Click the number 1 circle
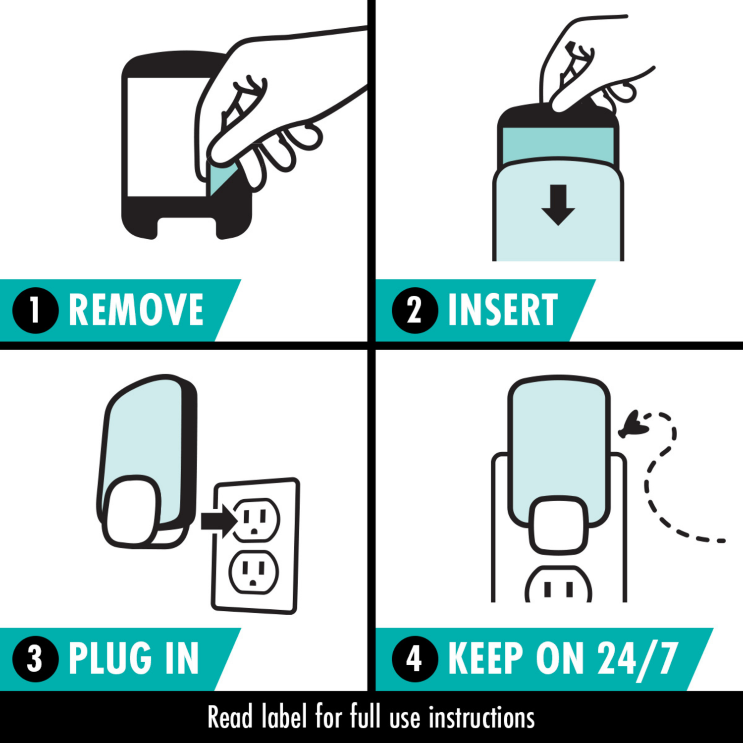point(35,311)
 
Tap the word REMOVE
point(136,311)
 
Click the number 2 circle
point(415,311)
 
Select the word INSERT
point(502,311)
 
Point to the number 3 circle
point(35,659)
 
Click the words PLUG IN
point(134,659)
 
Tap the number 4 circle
point(415,659)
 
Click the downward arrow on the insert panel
point(558,205)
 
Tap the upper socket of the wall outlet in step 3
point(256,520)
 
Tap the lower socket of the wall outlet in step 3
point(254,572)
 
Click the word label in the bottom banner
point(284,717)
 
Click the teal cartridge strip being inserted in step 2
point(558,144)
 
